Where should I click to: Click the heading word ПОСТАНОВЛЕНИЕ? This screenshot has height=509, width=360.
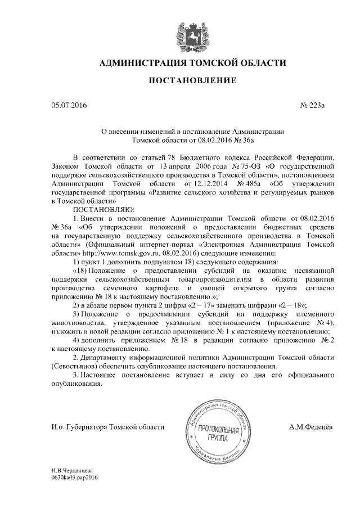pos(192,81)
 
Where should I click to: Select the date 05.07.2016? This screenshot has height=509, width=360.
pos(66,105)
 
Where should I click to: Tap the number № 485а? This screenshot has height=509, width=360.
pos(251,183)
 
